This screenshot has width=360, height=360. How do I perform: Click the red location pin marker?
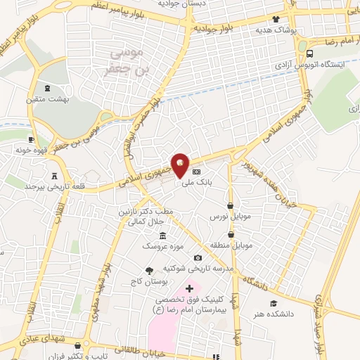[x=181, y=165]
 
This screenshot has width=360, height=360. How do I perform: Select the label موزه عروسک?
[x=162, y=246]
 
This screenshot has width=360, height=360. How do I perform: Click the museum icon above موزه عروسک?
[x=163, y=235]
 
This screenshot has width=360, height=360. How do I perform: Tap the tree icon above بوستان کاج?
[x=148, y=270]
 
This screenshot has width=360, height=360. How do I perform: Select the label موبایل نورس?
[x=226, y=217]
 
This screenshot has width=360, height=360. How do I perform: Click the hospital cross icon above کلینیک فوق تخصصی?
[x=189, y=288]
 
